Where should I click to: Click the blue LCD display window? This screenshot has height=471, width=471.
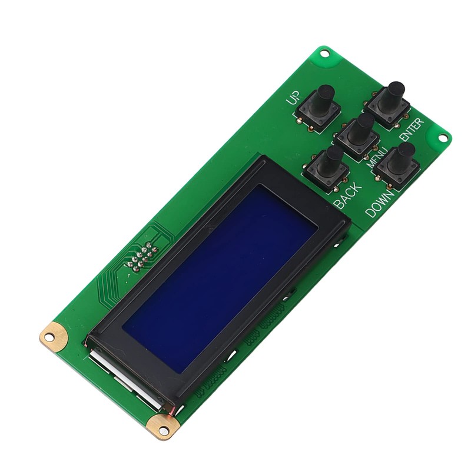coord(221,277)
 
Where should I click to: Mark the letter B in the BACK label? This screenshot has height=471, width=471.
coord(339,204)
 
